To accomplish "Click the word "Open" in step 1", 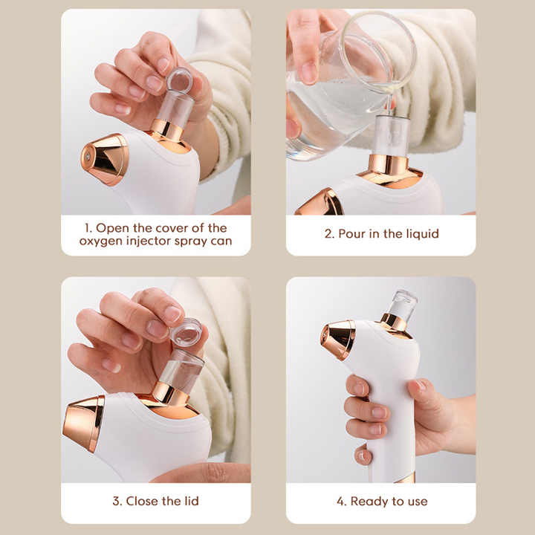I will (111, 227).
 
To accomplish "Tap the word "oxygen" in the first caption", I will (100, 241).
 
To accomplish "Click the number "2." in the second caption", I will (329, 234).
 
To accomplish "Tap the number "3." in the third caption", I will (117, 502).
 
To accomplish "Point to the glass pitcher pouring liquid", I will (334, 97).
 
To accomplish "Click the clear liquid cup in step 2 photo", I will (389, 135).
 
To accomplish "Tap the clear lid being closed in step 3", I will (186, 332).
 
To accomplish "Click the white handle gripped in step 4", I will (394, 416).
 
